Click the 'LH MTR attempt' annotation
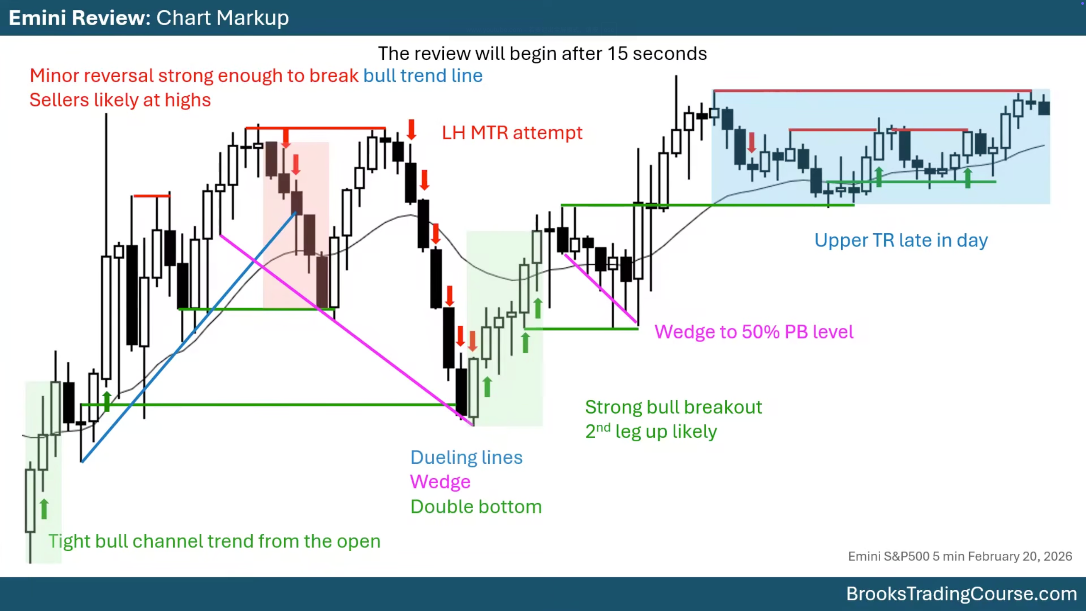(x=512, y=133)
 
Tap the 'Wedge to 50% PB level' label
(x=754, y=332)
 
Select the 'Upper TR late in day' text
(x=901, y=241)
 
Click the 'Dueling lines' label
(x=466, y=458)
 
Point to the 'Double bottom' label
(x=476, y=507)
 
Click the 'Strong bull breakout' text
(x=674, y=407)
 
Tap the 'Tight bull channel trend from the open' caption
(x=214, y=541)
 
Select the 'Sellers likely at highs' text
(x=120, y=101)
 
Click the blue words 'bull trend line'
(x=423, y=76)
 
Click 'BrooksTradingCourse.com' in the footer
(x=961, y=594)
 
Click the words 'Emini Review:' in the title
(x=80, y=18)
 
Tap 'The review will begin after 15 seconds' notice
(x=542, y=54)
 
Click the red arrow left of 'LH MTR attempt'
(x=411, y=130)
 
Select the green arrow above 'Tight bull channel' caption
(x=44, y=509)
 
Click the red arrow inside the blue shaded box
(x=752, y=143)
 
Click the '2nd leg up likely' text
(x=651, y=432)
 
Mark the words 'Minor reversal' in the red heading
(x=91, y=76)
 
